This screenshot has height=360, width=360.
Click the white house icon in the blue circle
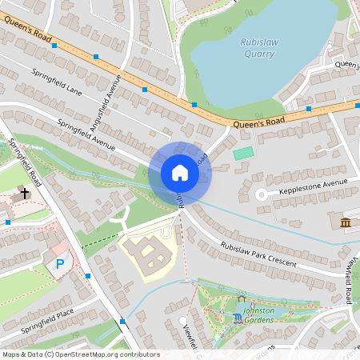(x=180, y=172)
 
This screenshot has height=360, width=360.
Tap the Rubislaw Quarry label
(x=258, y=48)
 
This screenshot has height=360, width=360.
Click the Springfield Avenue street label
(x=86, y=131)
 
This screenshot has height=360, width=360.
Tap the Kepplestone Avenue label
(x=308, y=188)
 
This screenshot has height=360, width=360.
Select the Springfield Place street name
(x=47, y=325)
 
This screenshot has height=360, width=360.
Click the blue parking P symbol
(x=59, y=263)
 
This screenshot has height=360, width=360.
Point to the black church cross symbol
(x=25, y=194)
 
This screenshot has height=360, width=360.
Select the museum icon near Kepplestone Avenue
(x=345, y=222)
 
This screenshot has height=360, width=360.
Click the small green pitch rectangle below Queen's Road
(x=243, y=152)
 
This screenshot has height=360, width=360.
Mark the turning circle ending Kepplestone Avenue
(x=261, y=194)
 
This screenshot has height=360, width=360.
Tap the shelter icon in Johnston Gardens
(x=242, y=299)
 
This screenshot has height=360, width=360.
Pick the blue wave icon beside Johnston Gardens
(x=237, y=318)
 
